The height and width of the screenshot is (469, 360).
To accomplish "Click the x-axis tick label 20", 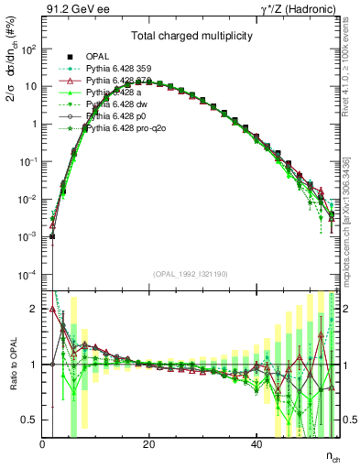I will [148, 444].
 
